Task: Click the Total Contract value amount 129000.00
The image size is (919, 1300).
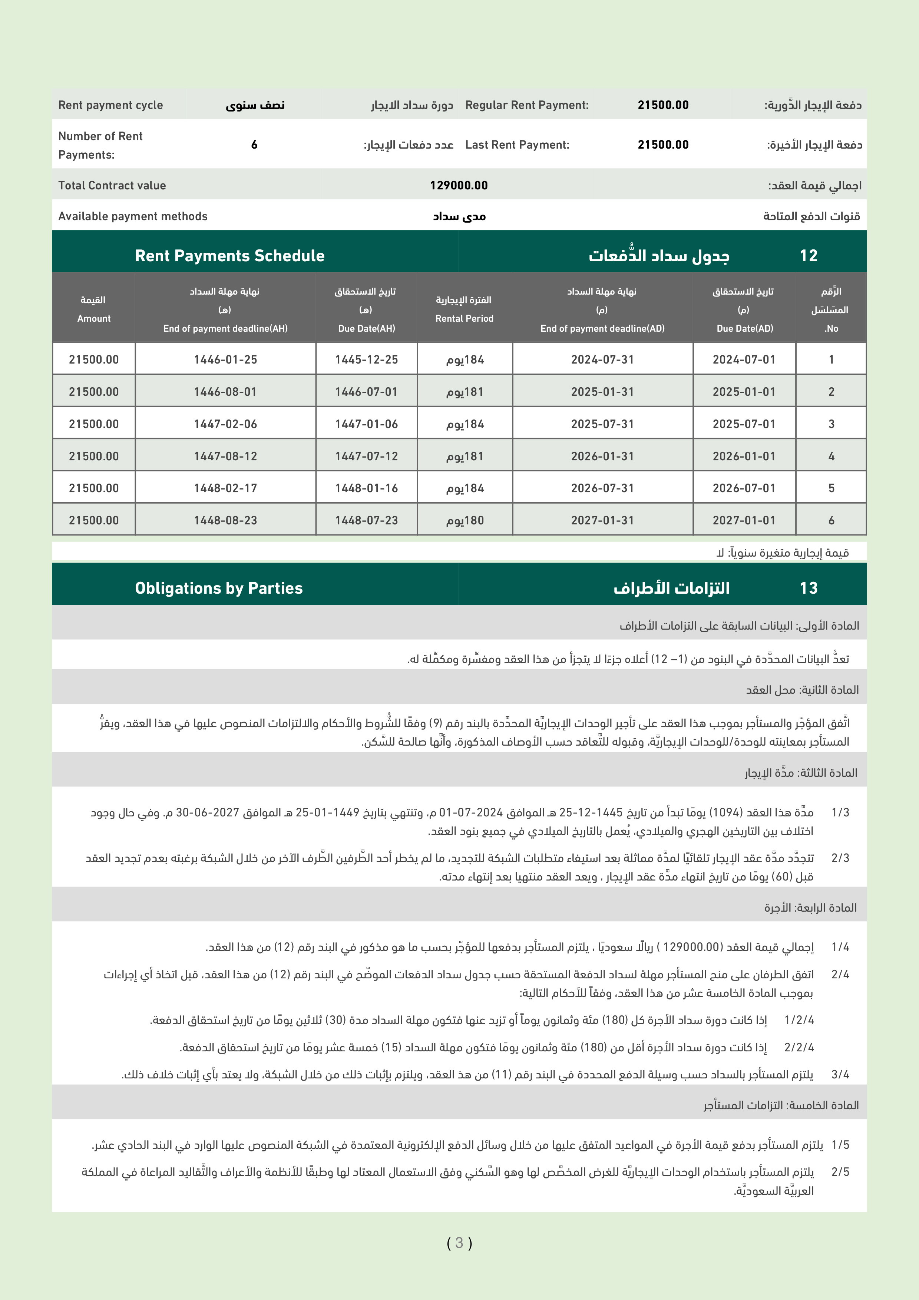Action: coord(459,185)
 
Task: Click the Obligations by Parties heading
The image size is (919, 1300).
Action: coord(219,588)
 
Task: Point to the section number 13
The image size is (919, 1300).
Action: coord(809,588)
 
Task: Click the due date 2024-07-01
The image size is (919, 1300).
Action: coord(744,359)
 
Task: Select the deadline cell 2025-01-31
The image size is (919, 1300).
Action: coord(602,391)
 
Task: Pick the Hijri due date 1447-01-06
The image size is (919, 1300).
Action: coord(366,424)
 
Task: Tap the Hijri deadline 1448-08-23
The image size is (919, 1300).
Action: coord(225,520)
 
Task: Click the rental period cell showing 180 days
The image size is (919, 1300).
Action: coord(465,520)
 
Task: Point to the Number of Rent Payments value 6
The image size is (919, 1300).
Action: coord(254,145)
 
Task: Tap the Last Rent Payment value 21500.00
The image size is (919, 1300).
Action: coord(663,145)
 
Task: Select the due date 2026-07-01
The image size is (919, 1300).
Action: coord(744,488)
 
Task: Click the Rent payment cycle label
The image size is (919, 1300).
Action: coord(110,105)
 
